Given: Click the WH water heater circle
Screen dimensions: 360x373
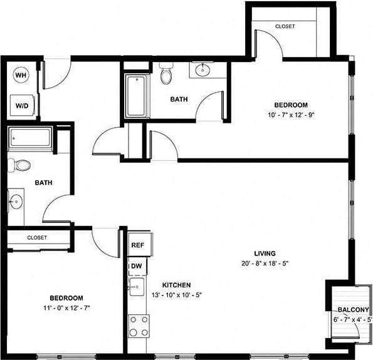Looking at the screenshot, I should [x=21, y=75].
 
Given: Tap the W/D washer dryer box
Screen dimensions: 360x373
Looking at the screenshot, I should [x=22, y=106].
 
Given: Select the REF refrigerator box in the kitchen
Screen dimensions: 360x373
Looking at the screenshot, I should [x=138, y=245].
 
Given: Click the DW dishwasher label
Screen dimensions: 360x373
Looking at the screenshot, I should [x=136, y=267].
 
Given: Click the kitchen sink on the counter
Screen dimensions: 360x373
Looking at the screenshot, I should [x=137, y=288].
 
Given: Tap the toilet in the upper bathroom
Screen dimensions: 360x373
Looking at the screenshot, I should [x=165, y=76].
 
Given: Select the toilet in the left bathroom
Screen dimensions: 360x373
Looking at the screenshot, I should [x=22, y=165].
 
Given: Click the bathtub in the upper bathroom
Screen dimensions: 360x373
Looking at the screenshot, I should [x=135, y=96].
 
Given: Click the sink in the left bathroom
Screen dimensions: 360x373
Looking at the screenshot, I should [x=17, y=202].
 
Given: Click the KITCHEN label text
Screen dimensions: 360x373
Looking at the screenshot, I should [x=176, y=284].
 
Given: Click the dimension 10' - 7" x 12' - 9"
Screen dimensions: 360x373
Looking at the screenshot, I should [x=290, y=115].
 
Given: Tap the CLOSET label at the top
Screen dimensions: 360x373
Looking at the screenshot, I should [x=285, y=26].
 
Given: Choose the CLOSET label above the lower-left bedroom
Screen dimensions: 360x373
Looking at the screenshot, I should [x=37, y=238].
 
